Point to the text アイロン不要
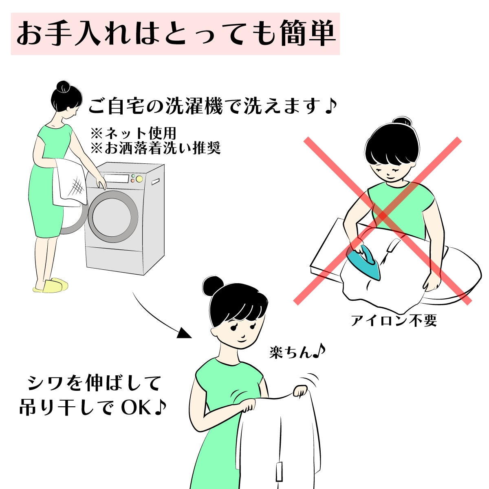tap(394, 321)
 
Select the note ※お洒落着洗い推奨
tap(155, 148)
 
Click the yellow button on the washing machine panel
tap(139, 179)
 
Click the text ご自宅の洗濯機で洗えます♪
tap(212, 107)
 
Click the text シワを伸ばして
tap(95, 383)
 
